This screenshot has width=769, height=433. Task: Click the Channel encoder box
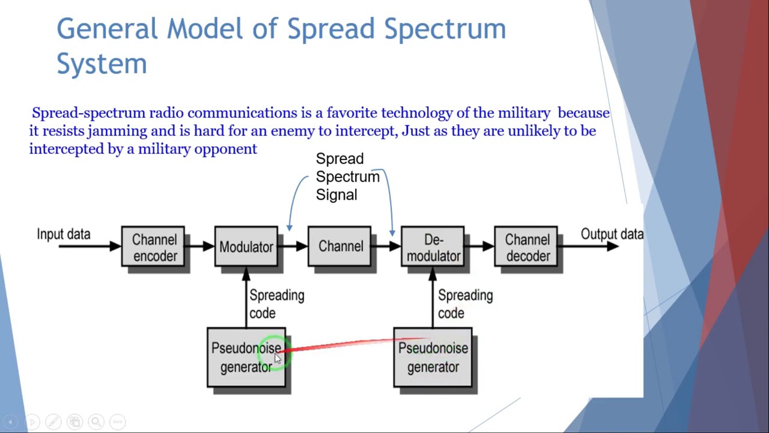click(x=153, y=247)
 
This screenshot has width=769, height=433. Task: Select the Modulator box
click(x=246, y=247)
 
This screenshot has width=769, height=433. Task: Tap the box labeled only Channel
click(x=339, y=247)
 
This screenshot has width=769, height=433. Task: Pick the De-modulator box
click(x=433, y=247)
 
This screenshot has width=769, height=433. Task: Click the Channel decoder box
click(x=526, y=247)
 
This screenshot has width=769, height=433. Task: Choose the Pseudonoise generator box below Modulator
click(x=246, y=357)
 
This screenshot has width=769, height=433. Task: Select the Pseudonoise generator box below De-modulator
click(x=433, y=357)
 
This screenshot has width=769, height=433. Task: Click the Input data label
click(x=64, y=234)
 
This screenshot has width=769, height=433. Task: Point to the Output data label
click(x=612, y=234)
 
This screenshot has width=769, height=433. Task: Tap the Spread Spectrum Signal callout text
click(x=348, y=177)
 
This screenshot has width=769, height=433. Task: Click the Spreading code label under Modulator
click(x=277, y=304)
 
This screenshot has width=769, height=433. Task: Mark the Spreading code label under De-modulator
click(x=466, y=304)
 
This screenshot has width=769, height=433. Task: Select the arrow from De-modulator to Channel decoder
click(x=479, y=246)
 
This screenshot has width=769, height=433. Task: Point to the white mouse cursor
click(x=278, y=359)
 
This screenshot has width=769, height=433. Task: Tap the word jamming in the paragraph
click(x=117, y=131)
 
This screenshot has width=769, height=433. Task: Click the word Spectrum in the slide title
click(x=445, y=29)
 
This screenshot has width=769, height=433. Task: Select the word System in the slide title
click(x=102, y=64)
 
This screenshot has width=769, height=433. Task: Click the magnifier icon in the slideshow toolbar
click(x=96, y=422)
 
